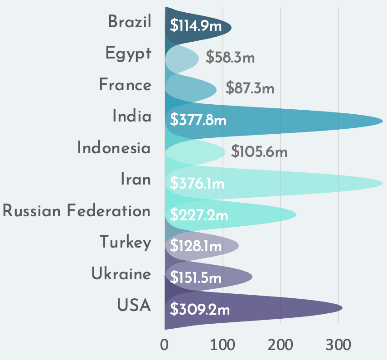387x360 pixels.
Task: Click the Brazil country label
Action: click(129, 22)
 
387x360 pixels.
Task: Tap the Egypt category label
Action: click(128, 54)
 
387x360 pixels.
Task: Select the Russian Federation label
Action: click(76, 211)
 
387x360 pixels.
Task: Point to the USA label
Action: click(134, 305)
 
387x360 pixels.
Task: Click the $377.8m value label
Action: click(198, 120)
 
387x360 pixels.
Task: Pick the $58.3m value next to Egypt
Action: click(230, 58)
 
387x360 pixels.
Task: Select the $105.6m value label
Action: click(259, 151)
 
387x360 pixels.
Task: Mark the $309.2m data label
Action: click(200, 310)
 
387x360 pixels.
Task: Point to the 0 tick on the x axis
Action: click(164, 345)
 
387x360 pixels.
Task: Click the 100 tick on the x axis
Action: click(223, 345)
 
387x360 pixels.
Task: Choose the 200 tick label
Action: click(281, 345)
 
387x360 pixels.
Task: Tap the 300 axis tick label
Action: click(339, 345)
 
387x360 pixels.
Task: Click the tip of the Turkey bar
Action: click(238, 246)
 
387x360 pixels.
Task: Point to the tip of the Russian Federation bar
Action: click(296, 214)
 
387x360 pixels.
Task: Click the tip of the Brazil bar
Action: click(231, 28)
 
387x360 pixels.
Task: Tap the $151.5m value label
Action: click(195, 277)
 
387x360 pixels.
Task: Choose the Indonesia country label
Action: click(114, 148)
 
